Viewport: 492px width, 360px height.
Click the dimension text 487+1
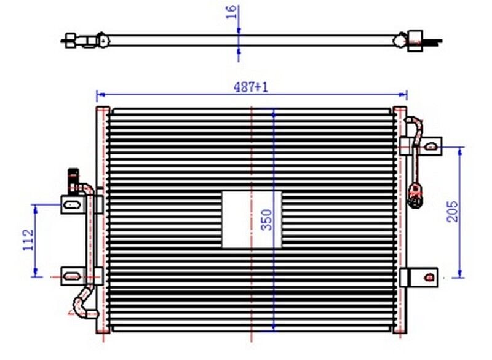pyautogui.click(x=250, y=87)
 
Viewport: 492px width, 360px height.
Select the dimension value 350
pyautogui.click(x=266, y=218)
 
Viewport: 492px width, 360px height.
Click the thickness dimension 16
pyautogui.click(x=231, y=12)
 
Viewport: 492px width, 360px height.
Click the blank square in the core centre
pyautogui.click(x=251, y=219)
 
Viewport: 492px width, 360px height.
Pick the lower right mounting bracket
pyautogui.click(x=419, y=276)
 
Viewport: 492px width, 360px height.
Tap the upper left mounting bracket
pyautogui.click(x=73, y=204)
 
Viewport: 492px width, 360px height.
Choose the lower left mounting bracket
pyautogui.click(x=73, y=274)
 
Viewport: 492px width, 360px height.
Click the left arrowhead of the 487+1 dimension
pyautogui.click(x=100, y=95)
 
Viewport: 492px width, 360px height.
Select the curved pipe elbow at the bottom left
pyautogui.click(x=80, y=305)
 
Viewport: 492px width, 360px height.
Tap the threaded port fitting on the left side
pyautogui.click(x=72, y=178)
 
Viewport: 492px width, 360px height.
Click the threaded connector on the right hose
pyautogui.click(x=416, y=191)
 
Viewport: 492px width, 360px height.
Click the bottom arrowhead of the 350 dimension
pyautogui.click(x=274, y=329)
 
